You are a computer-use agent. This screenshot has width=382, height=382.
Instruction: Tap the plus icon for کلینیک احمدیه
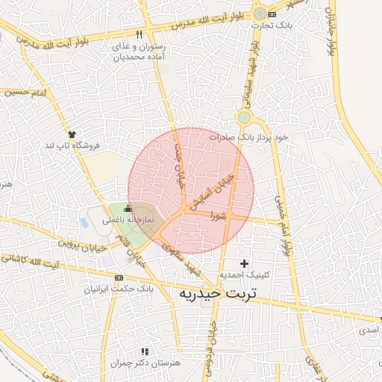[x=244, y=263]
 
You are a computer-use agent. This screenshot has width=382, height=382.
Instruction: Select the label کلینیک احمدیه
[x=244, y=275]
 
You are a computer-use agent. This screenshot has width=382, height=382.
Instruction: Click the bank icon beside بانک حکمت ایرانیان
[x=119, y=277]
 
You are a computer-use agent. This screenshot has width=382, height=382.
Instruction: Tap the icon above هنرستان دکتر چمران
[x=145, y=351]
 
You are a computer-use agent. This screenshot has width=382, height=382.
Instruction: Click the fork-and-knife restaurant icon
[x=139, y=35]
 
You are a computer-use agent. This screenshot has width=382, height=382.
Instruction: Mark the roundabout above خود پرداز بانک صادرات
[x=244, y=117]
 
